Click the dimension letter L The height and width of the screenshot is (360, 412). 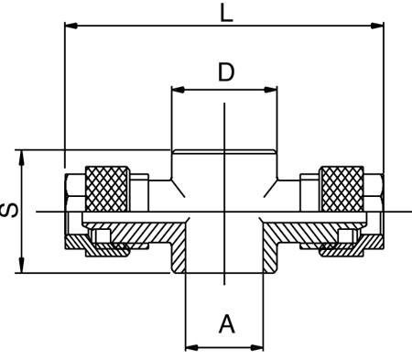coord(226,14)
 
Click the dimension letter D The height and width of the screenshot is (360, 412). coord(226,72)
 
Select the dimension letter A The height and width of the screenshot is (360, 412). coord(227,324)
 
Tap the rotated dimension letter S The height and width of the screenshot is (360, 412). coord(9,211)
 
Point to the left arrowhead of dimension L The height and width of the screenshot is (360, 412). coord(70,26)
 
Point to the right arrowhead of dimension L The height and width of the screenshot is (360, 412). coord(377,26)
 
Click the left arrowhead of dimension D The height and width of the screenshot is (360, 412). coord(179,90)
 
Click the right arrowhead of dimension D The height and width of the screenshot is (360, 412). coord(271,90)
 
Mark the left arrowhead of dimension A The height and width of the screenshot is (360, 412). coord(192,347)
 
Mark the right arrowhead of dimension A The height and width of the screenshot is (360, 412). coord(256,347)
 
